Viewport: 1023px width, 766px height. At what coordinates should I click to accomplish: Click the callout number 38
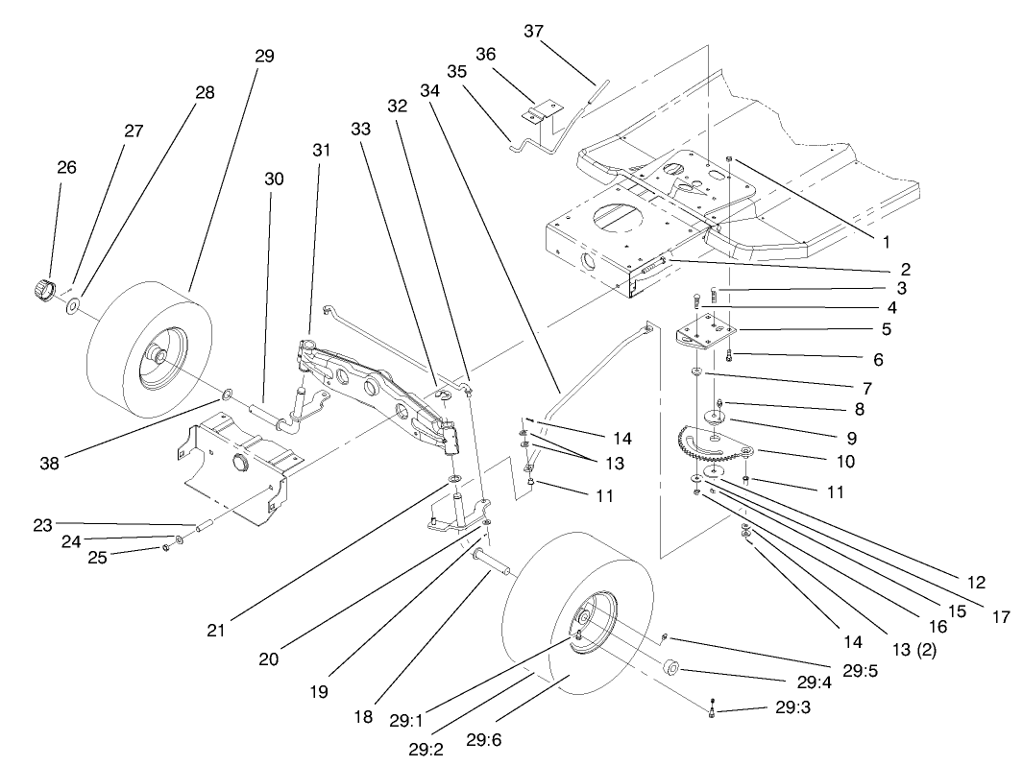(x=49, y=462)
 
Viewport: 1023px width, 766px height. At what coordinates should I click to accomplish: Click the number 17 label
(x=999, y=617)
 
